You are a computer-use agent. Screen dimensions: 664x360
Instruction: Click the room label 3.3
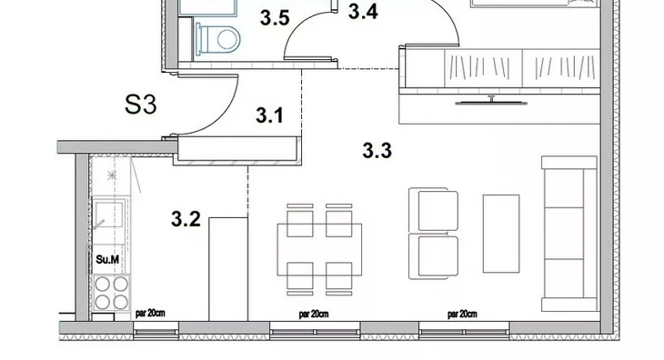point(377,151)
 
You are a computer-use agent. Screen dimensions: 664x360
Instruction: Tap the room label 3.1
point(269,115)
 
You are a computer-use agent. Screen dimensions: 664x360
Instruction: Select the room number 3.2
point(186,219)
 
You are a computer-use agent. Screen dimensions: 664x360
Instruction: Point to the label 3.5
point(275,18)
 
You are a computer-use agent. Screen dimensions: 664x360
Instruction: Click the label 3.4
point(363,12)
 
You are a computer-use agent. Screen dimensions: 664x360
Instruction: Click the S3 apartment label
point(141,105)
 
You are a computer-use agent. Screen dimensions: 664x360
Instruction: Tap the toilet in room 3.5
point(217,39)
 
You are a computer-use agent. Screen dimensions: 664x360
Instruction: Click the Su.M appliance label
point(107,259)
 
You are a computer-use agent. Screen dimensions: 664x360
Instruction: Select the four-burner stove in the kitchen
point(111,293)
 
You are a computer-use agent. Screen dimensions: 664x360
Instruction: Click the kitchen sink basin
point(109,214)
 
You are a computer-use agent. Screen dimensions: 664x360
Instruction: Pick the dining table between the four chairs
point(319,250)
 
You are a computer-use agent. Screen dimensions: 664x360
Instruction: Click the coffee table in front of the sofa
point(501,234)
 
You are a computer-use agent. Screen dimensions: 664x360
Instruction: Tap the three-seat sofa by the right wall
point(569,234)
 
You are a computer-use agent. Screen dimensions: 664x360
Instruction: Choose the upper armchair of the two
point(434,210)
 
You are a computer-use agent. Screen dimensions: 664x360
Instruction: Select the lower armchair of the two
point(434,256)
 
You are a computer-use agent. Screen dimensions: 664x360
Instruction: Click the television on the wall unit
point(491,101)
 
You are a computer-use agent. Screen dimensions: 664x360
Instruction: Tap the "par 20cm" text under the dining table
point(314,315)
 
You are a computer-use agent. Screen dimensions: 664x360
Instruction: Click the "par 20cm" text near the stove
point(150,314)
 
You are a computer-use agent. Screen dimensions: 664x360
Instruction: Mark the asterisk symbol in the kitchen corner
point(112,175)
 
